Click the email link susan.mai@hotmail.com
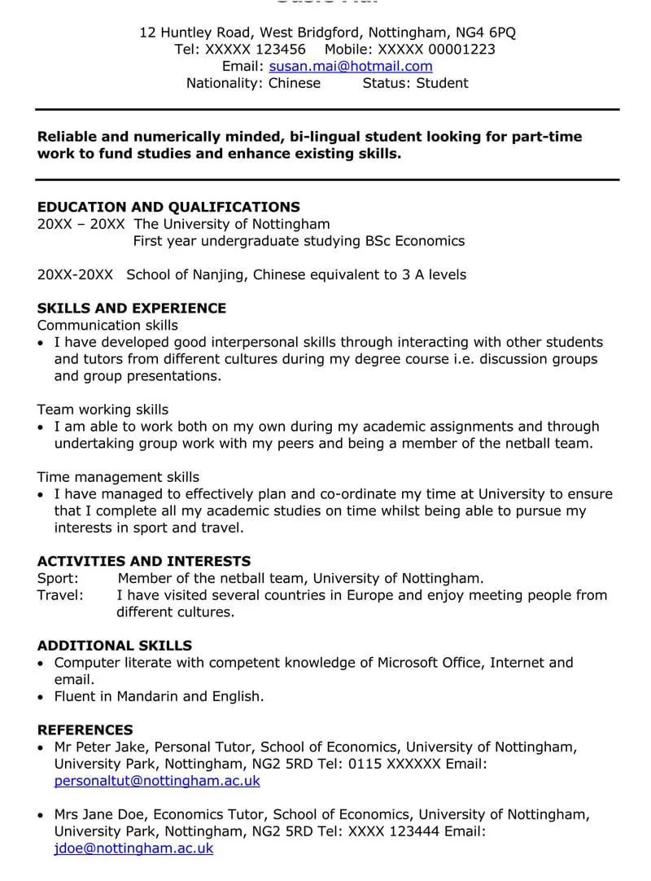351,66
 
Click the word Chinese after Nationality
295,83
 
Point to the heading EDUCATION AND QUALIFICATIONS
168,207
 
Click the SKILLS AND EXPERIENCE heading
132,309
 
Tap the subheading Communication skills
107,325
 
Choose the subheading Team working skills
103,410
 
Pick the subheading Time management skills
118,477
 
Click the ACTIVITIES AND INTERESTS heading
144,561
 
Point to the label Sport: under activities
58,578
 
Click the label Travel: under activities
60,595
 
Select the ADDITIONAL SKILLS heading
115,646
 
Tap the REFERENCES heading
85,730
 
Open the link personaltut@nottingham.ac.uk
157,781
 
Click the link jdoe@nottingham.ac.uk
133,848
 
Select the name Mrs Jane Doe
99,814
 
